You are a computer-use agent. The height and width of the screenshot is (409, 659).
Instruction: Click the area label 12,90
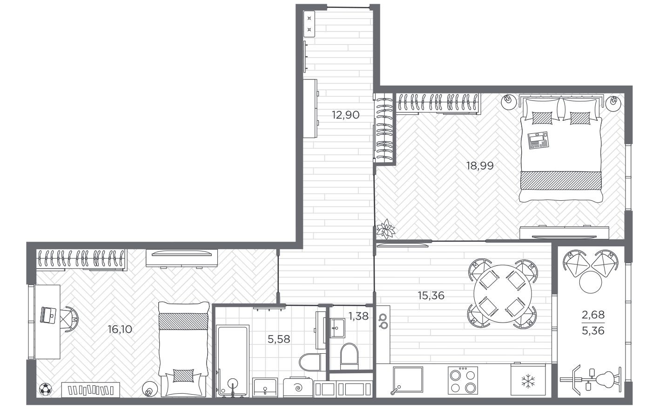pos(345,115)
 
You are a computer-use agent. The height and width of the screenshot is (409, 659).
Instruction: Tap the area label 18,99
pos(480,165)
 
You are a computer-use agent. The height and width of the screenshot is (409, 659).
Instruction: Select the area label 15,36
pos(431,295)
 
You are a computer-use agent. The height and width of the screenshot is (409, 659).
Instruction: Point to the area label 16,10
pos(120,330)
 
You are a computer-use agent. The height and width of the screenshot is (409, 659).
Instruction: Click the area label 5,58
pos(279,339)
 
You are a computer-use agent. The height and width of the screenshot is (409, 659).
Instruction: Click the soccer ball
pos(45,389)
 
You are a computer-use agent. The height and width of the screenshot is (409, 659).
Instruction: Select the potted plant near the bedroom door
pos(385,230)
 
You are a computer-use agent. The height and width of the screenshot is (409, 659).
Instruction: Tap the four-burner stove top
pos(463,381)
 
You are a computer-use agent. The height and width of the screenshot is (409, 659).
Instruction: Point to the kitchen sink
pos(408,381)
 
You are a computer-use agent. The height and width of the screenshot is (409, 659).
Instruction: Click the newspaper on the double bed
pos(538,140)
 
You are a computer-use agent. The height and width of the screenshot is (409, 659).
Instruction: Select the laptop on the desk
pos(49,315)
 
